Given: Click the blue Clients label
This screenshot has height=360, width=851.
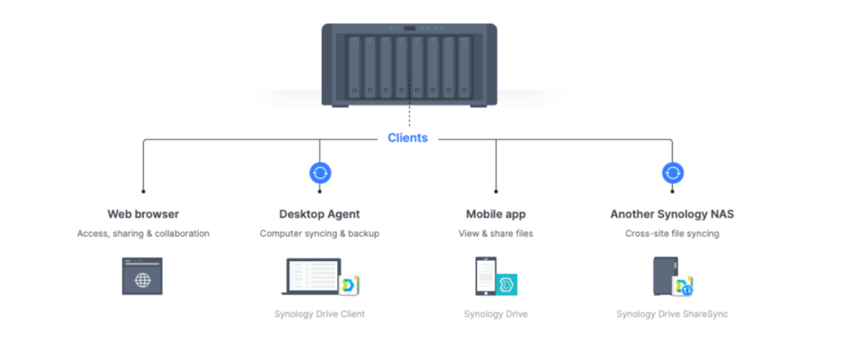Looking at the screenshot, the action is (408, 138).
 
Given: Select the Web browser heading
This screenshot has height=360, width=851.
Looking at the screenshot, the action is (143, 214).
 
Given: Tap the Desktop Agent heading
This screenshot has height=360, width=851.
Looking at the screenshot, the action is (319, 214).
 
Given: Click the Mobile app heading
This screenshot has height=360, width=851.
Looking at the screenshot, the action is (496, 214).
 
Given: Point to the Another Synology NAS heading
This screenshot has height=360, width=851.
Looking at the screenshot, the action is (672, 214).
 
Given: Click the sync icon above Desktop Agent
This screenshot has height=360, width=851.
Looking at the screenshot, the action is (320, 173).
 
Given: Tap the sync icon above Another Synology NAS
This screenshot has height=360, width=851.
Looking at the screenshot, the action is (673, 173).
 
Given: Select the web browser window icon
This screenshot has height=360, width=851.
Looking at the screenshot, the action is (142, 276).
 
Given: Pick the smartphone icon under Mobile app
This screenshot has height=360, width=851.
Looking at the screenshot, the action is (486, 276).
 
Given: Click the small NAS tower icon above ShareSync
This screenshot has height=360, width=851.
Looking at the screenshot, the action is (665, 276).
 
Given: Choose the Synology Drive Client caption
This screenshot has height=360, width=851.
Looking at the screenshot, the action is (319, 314).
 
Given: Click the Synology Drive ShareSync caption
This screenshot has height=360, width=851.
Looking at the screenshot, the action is (672, 314).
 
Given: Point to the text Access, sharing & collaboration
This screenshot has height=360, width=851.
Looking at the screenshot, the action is (143, 234).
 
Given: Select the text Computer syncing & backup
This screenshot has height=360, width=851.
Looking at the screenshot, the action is (319, 234).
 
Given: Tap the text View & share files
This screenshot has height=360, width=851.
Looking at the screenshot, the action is (496, 234).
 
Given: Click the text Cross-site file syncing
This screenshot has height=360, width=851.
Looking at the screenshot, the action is (672, 234).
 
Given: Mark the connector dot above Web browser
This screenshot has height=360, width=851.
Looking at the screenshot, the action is (143, 191).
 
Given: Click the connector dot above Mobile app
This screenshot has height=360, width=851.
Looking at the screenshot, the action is (496, 191).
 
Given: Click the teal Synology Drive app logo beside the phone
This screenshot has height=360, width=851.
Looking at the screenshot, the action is (506, 285).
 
